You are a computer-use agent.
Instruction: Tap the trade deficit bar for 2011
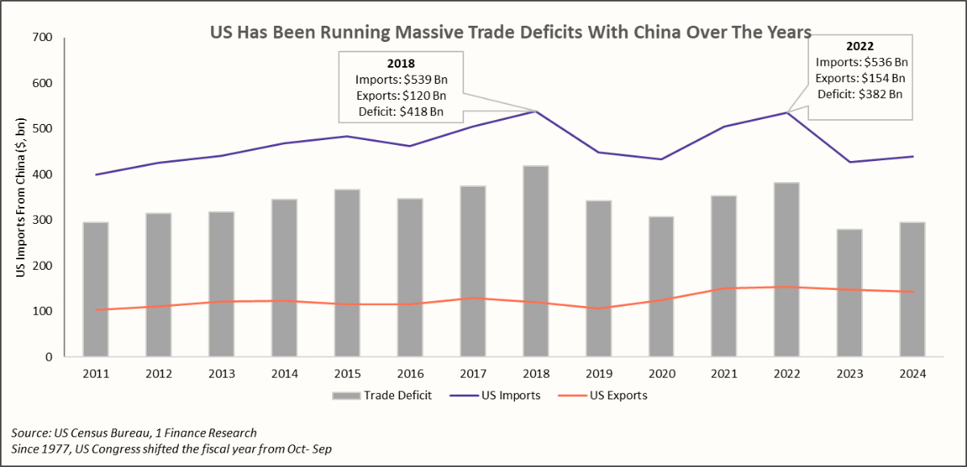click(x=96, y=290)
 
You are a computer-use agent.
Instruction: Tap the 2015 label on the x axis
click(x=347, y=374)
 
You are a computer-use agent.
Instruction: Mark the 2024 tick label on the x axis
click(x=913, y=374)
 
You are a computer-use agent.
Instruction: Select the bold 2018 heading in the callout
click(x=400, y=64)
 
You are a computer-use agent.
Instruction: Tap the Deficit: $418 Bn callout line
click(x=400, y=112)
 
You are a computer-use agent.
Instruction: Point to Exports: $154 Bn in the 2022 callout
click(x=861, y=78)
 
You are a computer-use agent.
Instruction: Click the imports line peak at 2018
click(x=536, y=111)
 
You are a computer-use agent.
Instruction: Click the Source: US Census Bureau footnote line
click(x=134, y=433)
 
